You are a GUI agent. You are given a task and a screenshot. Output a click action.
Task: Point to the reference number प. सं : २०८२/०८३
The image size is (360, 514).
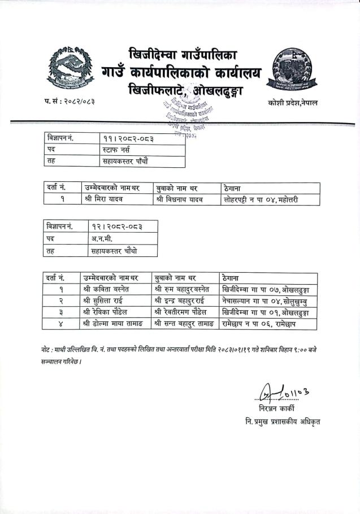pyautogui.click(x=70, y=102)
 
